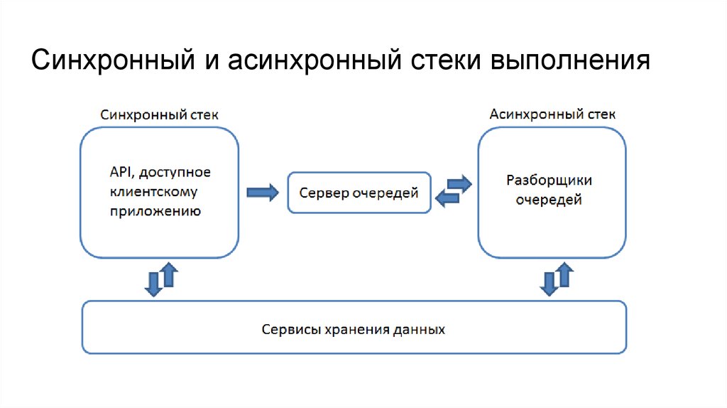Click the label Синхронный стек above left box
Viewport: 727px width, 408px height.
tap(160, 114)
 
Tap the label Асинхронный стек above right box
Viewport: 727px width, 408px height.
tap(553, 114)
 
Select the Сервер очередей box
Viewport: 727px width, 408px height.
tap(359, 193)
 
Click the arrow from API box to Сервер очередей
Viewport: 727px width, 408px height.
tap(262, 193)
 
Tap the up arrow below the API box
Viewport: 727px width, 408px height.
tap(168, 274)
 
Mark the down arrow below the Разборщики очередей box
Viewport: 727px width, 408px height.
tap(548, 282)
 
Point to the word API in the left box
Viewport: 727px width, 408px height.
tap(119, 173)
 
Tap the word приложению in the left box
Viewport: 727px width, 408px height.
tap(155, 211)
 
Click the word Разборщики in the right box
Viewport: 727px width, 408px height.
tap(549, 181)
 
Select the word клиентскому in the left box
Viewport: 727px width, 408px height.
tap(153, 192)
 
